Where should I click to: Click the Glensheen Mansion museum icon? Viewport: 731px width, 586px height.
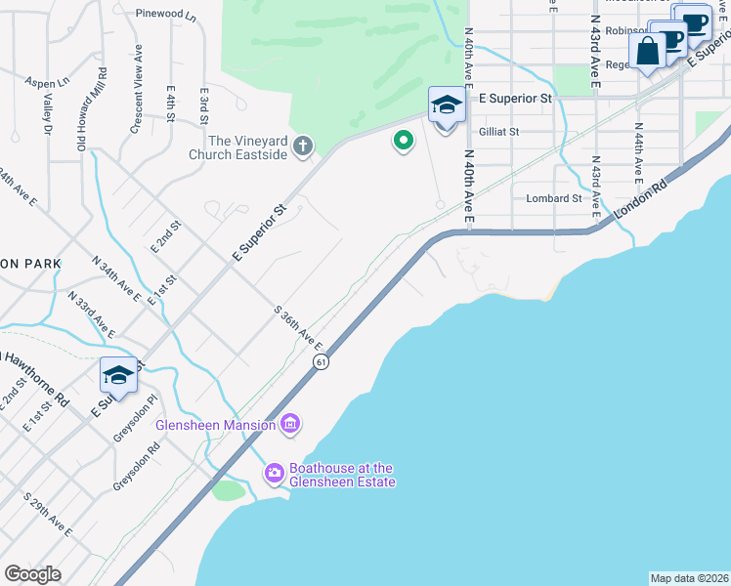point(289,424)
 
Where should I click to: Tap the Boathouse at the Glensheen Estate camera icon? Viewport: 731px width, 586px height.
point(275,473)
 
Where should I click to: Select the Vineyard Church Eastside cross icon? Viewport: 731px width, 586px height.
point(303,147)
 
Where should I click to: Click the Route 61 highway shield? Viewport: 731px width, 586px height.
point(321,361)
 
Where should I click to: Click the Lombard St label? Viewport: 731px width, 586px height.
point(554,198)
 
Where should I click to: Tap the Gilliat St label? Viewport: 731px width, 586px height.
point(498,131)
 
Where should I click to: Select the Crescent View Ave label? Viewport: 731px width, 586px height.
point(138,90)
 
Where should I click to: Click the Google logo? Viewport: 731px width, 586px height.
point(32,574)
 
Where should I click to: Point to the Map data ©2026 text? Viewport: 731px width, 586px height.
point(689,578)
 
